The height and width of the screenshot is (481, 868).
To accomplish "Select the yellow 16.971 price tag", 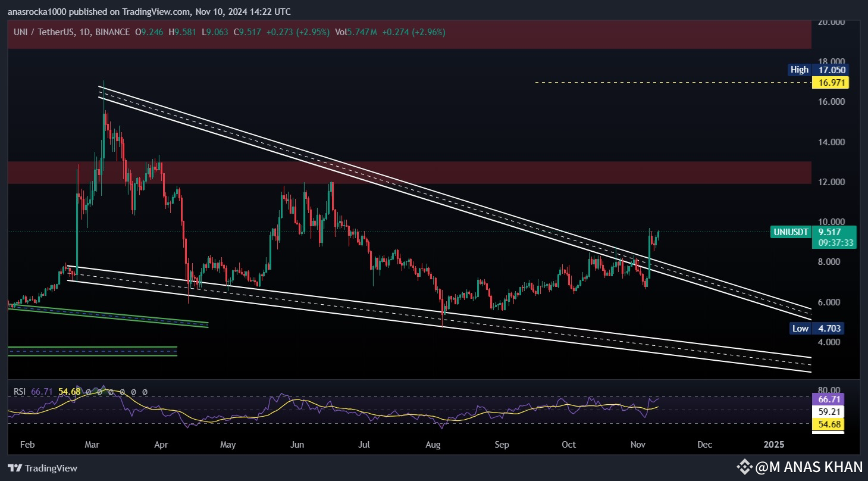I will click(832, 82).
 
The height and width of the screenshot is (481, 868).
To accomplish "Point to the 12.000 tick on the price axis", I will click(832, 182).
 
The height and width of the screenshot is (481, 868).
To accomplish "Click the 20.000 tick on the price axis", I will click(832, 23).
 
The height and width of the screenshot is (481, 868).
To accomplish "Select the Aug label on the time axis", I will click(433, 445).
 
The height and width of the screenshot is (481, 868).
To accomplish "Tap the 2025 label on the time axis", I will click(774, 445).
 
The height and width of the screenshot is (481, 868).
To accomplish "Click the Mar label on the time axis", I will click(92, 445).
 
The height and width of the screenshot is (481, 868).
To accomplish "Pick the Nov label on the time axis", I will click(638, 445).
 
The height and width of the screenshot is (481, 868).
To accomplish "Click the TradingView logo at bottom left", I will click(42, 468).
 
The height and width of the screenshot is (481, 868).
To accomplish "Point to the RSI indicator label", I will click(20, 391).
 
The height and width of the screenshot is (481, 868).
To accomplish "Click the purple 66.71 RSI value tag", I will click(829, 399).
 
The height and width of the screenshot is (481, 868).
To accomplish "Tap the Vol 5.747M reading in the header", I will click(356, 32).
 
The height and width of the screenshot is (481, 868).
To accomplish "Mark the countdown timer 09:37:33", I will click(836, 242).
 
